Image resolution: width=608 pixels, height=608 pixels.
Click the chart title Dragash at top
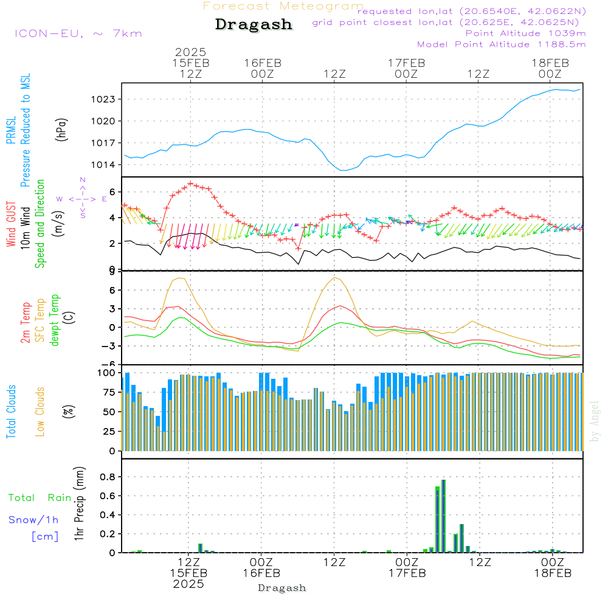click(254, 25)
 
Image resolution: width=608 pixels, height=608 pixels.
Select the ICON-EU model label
click(78, 33)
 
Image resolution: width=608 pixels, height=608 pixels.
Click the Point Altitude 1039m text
click(525, 33)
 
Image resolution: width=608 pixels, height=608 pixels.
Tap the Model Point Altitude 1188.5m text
click(502, 44)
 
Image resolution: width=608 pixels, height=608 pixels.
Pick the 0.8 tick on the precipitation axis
click(108, 477)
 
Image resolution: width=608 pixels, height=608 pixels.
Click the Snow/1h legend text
click(33, 520)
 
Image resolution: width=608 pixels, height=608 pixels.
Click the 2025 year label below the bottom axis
click(188, 584)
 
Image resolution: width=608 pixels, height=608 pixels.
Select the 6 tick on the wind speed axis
click(112, 192)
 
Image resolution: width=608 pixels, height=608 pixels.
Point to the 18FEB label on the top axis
click(550, 63)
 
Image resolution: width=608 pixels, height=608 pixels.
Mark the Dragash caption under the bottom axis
click(282, 588)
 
